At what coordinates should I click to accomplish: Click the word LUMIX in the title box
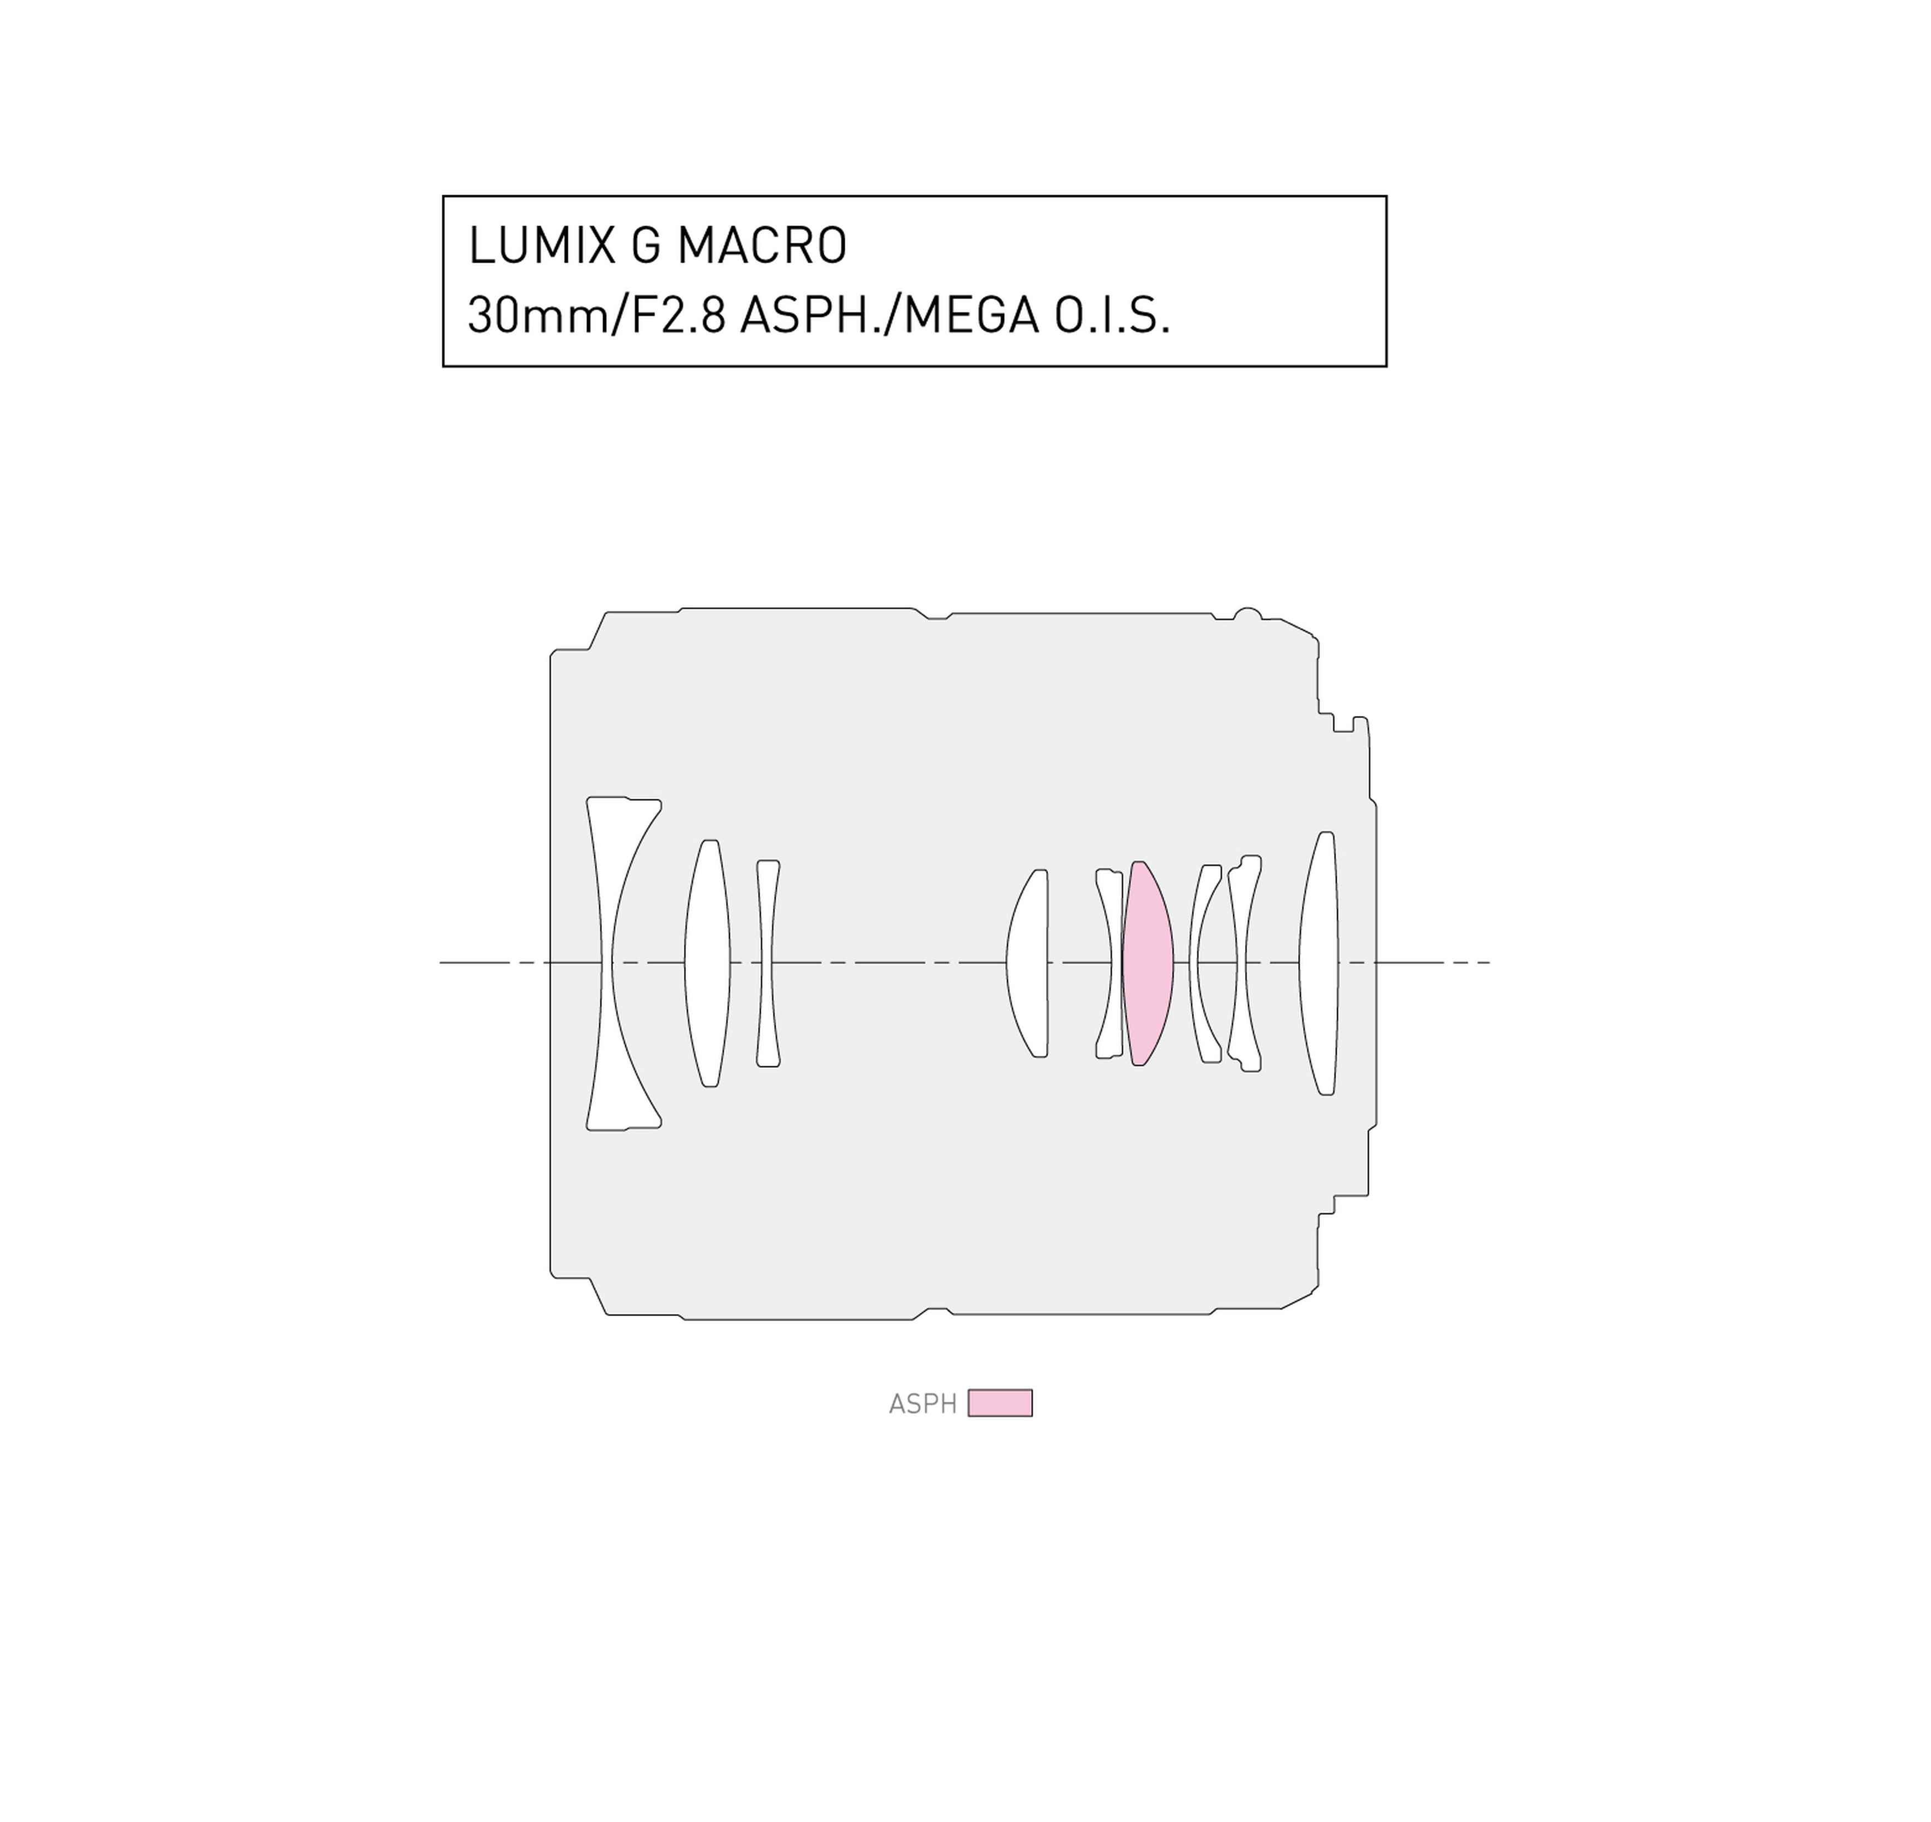(541, 245)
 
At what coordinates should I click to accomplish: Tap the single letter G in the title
(646, 245)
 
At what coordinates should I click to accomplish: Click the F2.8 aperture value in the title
(679, 316)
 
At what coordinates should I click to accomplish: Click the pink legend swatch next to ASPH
(1000, 1403)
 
